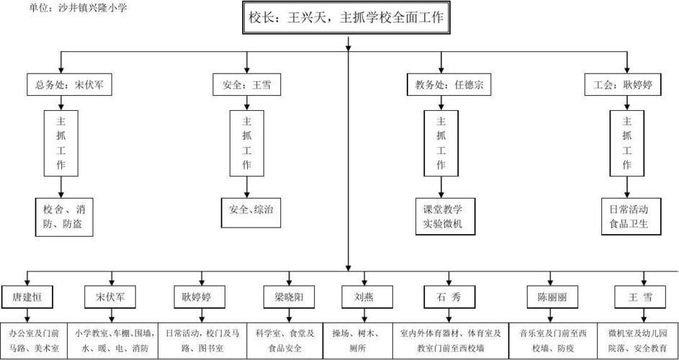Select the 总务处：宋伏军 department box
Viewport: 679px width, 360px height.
click(60, 85)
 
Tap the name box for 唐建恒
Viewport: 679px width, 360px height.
click(27, 296)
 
